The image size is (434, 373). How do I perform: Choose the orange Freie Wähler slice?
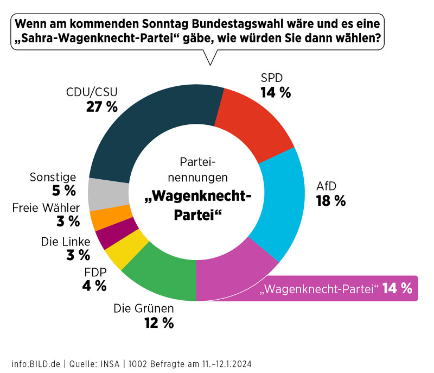click(103, 217)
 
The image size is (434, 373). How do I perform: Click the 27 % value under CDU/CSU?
click(102, 106)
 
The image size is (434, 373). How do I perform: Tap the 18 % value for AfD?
click(330, 201)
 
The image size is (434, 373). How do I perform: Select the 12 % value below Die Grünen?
click(158, 323)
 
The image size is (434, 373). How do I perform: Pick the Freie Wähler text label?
click(46, 207)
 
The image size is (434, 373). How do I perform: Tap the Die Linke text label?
click(65, 241)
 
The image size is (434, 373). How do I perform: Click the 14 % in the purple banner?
click(397, 288)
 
